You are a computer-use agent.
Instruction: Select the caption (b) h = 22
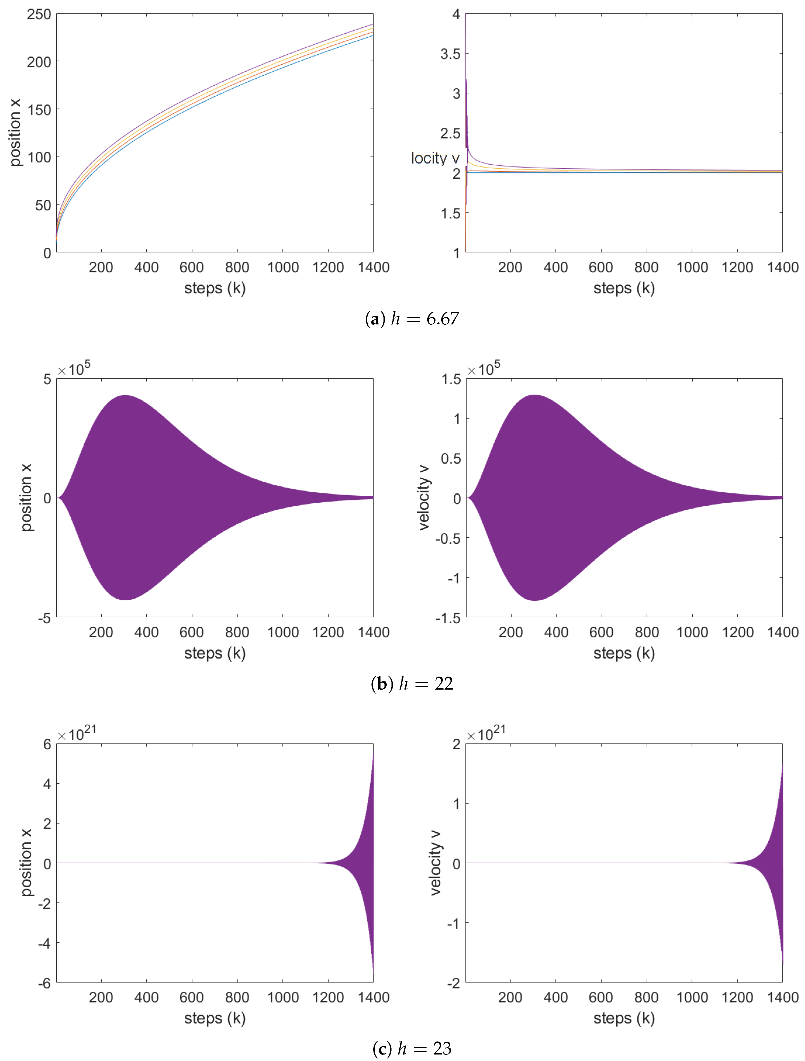[411, 684]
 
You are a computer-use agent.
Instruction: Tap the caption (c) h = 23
[411, 1049]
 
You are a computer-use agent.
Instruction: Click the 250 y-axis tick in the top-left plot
[39, 14]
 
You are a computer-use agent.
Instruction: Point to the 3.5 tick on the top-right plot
[450, 54]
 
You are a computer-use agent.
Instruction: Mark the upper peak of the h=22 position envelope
[126, 396]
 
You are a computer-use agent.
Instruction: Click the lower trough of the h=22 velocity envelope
[534, 600]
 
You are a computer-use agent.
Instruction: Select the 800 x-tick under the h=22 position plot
[237, 632]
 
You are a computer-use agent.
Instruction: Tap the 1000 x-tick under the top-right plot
[692, 267]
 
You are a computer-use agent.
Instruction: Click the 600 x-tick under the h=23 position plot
[191, 997]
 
